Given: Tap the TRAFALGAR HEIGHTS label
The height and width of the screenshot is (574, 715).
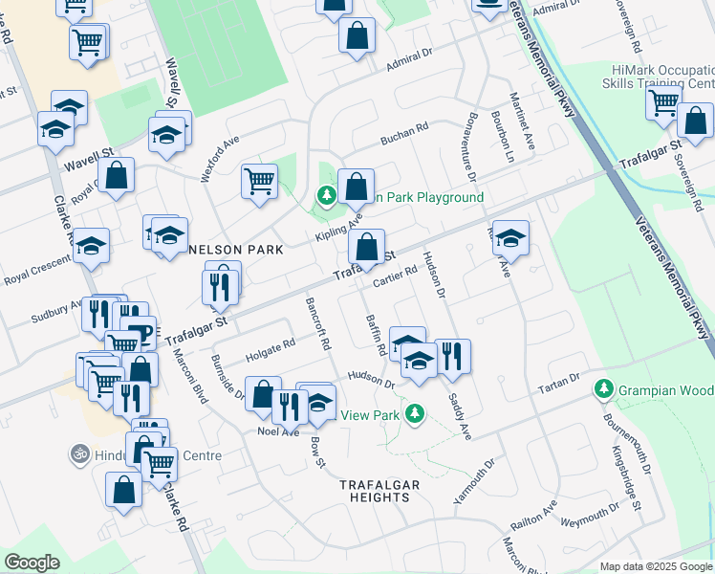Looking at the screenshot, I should [380, 491].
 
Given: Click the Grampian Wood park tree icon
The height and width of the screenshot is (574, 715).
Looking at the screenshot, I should [603, 389].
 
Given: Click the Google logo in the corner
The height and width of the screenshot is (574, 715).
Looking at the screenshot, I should [32, 563].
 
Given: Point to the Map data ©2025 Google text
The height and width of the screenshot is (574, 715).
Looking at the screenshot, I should [656, 566].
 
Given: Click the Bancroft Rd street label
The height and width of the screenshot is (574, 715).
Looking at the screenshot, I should [317, 322].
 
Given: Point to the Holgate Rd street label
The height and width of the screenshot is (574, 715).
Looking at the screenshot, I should [270, 349].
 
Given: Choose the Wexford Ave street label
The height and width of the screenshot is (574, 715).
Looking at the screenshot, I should [219, 157].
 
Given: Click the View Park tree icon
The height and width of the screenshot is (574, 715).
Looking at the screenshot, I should [414, 413].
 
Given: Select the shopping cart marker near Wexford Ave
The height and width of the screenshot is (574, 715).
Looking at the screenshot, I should [259, 180].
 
